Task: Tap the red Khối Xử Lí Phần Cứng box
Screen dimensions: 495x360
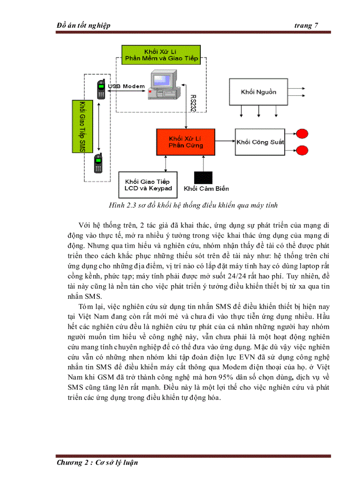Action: pyautogui.click(x=185, y=142)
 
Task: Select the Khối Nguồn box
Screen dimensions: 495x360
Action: pyautogui.click(x=258, y=92)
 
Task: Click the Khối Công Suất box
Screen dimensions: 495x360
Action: pyautogui.click(x=260, y=142)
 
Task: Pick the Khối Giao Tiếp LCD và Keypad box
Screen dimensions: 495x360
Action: pyautogui.click(x=147, y=185)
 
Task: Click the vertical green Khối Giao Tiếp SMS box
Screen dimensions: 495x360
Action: pyautogui.click(x=80, y=126)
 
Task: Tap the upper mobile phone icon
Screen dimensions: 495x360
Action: pyautogui.click(x=101, y=89)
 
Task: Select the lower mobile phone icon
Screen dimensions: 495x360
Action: pyautogui.click(x=98, y=164)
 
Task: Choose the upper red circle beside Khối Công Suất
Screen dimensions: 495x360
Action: pyautogui.click(x=302, y=134)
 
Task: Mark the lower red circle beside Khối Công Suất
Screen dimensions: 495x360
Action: pyautogui.click(x=302, y=150)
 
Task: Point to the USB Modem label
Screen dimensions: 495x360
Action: pyautogui.click(x=126, y=86)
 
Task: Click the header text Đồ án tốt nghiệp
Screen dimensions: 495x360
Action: pyautogui.click(x=83, y=26)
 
